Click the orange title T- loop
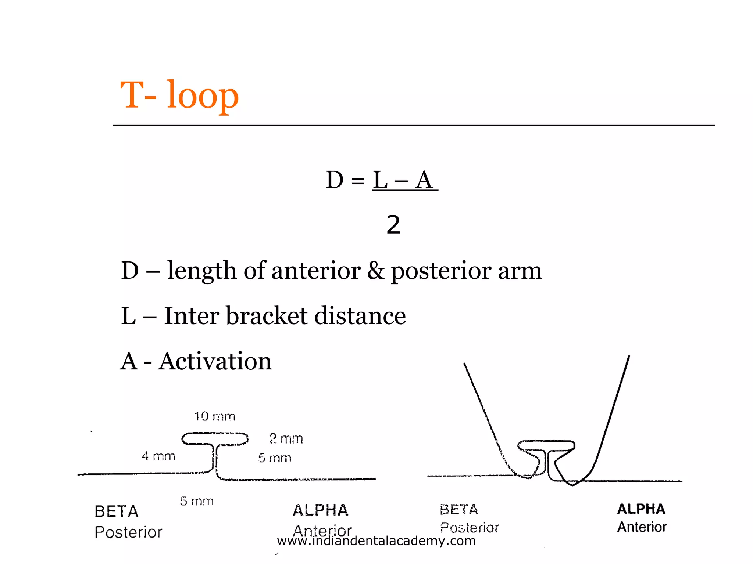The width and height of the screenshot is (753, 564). [179, 95]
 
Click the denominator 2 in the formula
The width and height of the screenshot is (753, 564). [393, 225]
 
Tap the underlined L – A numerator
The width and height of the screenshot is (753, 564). [404, 180]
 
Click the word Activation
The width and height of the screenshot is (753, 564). [215, 361]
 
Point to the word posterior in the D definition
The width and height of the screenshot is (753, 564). [440, 271]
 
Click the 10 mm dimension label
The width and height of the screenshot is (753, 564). [215, 416]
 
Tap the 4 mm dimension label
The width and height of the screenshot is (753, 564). [158, 456]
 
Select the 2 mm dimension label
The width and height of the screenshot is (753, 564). [286, 438]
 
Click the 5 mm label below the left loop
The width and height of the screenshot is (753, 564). [197, 501]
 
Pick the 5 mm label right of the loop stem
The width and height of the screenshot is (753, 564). [275, 458]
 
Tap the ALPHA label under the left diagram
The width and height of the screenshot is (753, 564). [320, 510]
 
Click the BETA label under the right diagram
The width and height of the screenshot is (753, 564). [459, 510]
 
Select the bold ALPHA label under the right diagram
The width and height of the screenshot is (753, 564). [641, 509]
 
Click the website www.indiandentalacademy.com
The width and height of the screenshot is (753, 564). [376, 541]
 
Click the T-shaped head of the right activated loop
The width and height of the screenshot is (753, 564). [546, 446]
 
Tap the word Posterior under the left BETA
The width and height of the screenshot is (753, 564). [128, 532]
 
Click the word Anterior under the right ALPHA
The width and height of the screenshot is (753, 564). [642, 527]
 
